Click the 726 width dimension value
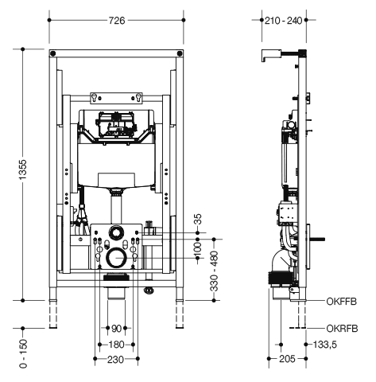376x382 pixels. tap(117, 21)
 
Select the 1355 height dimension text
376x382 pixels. tap(23, 170)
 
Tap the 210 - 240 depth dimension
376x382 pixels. tap(284, 21)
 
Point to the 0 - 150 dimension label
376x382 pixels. tap(23, 353)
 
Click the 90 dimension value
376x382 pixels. tap(116, 329)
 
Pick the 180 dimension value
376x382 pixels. tap(116, 345)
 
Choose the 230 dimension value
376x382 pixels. tap(115, 360)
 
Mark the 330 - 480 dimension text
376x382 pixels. tap(215, 271)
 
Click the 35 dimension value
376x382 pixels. tap(198, 220)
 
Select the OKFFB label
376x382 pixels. tap(341, 302)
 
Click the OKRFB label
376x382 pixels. tap(342, 329)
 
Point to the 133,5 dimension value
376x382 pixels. tap(325, 345)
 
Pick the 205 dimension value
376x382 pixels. tap(287, 359)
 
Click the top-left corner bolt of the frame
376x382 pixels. tap(53, 53)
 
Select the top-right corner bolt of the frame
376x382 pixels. tap(180, 53)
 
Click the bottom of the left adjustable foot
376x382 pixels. tap(53, 327)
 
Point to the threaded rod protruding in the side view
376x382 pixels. tap(316, 240)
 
